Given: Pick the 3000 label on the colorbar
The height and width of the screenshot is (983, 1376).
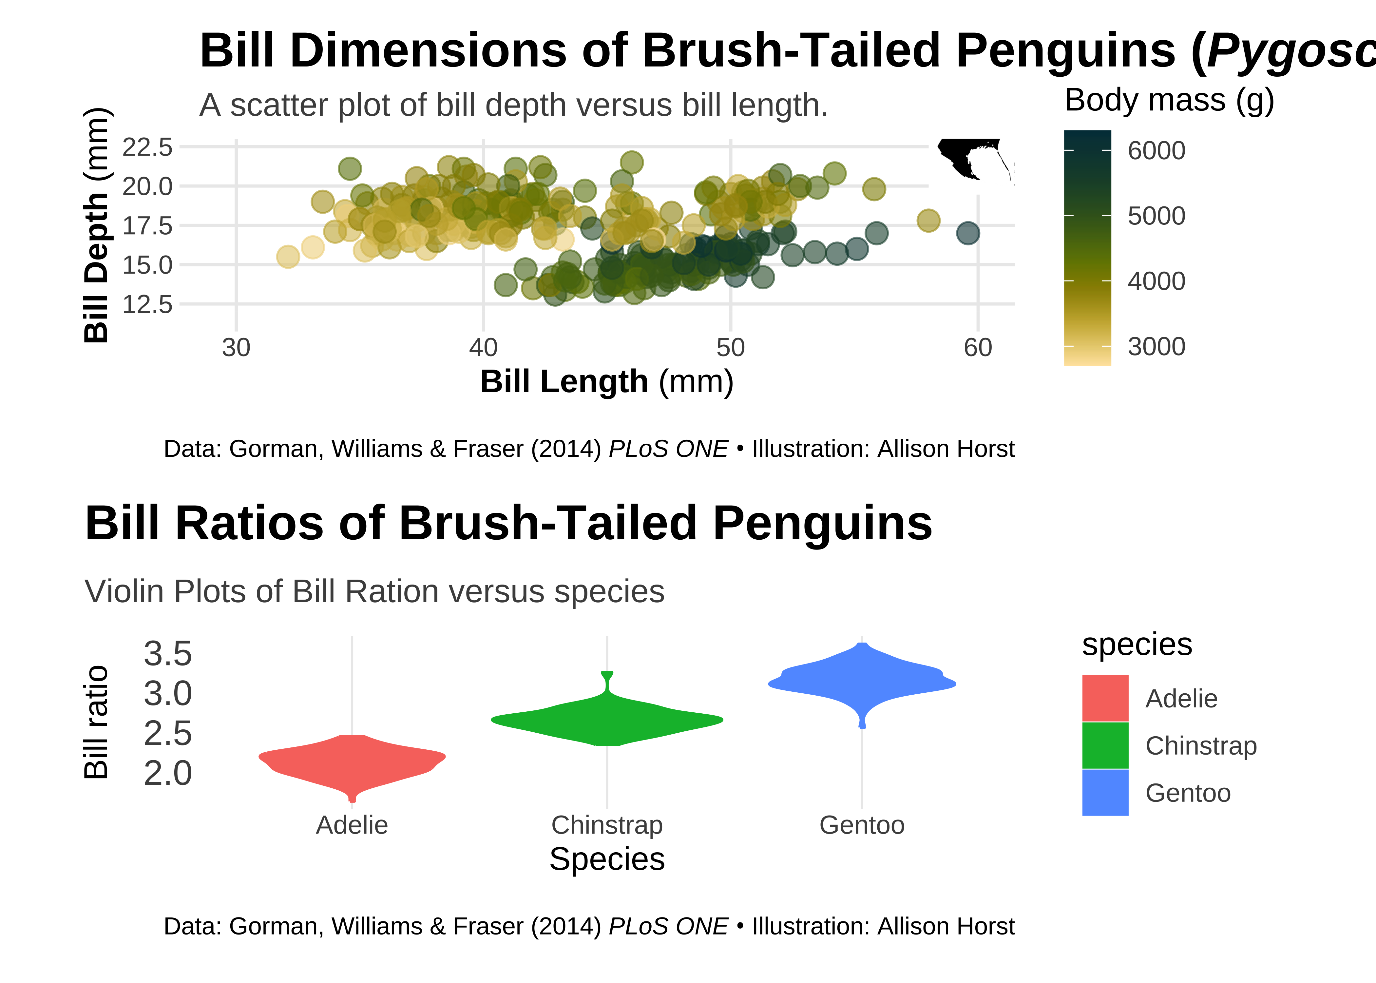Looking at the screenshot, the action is pyautogui.click(x=1156, y=347).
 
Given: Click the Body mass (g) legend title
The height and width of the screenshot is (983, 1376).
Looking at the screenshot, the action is pyautogui.click(x=1169, y=101).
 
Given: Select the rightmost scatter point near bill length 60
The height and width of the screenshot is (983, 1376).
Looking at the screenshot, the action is pyautogui.click(x=968, y=233).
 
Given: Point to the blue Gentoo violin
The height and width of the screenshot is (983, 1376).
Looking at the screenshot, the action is pyautogui.click(x=862, y=684).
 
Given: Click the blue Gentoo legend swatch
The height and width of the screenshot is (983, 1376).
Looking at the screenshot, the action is pyautogui.click(x=1105, y=792).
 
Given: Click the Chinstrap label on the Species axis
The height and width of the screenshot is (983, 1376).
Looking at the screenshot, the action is pyautogui.click(x=607, y=825).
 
